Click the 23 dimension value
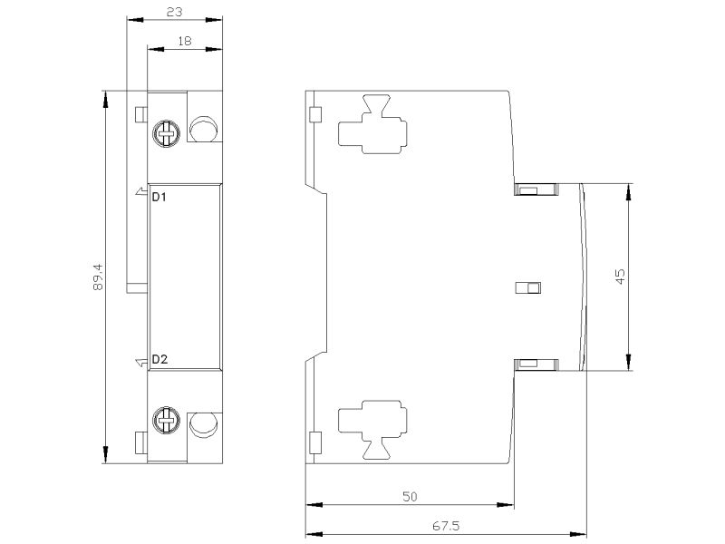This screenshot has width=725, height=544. coord(174,12)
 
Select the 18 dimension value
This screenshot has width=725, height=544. coord(185,41)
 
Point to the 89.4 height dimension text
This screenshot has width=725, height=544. coord(98,277)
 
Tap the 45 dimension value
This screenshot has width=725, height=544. coord(620,277)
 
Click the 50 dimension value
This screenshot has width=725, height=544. coord(410,497)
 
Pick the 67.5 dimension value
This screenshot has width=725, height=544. coord(446,526)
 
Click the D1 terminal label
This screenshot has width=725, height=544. coord(159,197)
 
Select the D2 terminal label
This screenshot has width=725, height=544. coord(160,359)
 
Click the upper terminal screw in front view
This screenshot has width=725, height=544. coord(167,134)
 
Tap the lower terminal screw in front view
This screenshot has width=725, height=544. coord(167,421)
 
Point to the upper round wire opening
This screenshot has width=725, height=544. coord(204,129)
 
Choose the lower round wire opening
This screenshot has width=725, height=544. coord(204,424)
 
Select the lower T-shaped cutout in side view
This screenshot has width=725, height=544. coord(372,430)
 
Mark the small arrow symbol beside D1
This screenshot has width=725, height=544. coord(141,191)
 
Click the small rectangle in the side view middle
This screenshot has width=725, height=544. coord(528,287)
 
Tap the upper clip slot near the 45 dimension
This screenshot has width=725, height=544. coord(536,189)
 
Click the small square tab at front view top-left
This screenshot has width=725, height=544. coord(140,114)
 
